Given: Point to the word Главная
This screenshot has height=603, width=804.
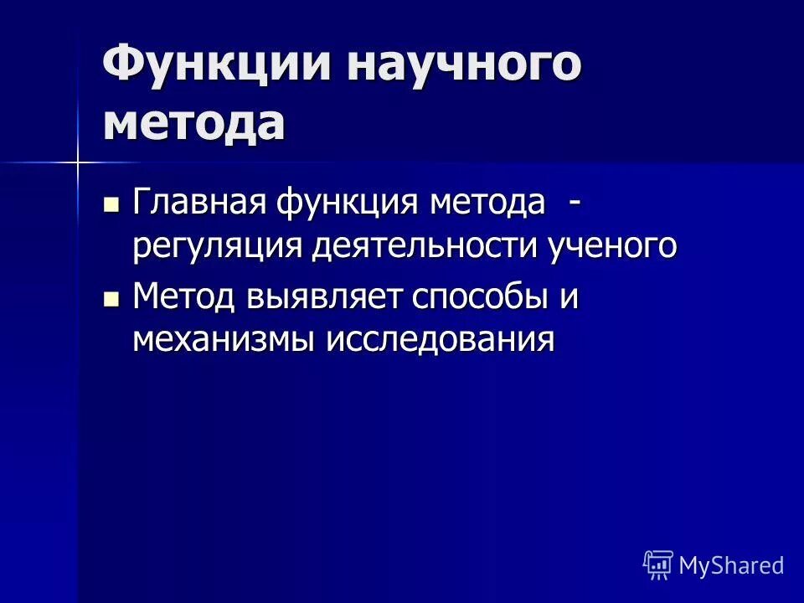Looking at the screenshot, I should point(199,204).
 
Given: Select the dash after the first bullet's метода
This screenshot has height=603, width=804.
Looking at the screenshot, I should point(574,204).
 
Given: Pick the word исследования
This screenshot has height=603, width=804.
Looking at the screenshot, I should point(440,341).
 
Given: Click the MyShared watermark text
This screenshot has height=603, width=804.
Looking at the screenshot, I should point(731,565).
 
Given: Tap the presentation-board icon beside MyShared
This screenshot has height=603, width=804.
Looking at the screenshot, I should point(658,565).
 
